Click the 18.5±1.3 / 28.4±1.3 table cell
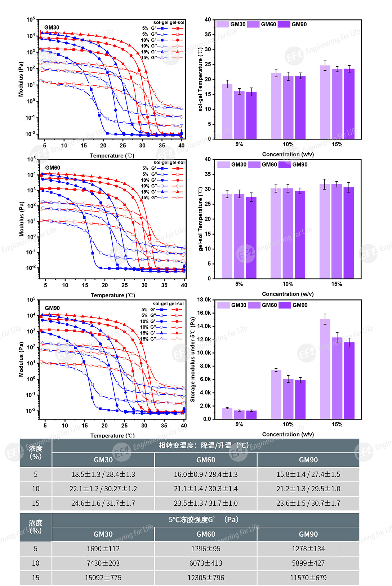(x=103, y=474)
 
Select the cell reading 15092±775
(x=103, y=578)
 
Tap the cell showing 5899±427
(x=308, y=563)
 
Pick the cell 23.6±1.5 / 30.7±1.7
(x=308, y=503)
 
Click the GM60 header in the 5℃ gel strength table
(x=206, y=534)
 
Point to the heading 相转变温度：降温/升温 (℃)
(x=204, y=445)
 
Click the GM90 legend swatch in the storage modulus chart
(x=285, y=305)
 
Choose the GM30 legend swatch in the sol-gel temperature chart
(x=223, y=25)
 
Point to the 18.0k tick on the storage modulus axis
(x=204, y=299)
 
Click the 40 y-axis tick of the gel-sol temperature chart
(x=208, y=159)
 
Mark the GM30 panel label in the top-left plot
(x=52, y=28)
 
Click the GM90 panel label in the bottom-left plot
(x=52, y=308)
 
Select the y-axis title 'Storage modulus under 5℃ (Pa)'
(x=192, y=359)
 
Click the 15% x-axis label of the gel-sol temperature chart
(x=337, y=284)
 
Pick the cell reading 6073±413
(x=206, y=563)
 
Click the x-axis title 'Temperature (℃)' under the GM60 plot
(x=113, y=295)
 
